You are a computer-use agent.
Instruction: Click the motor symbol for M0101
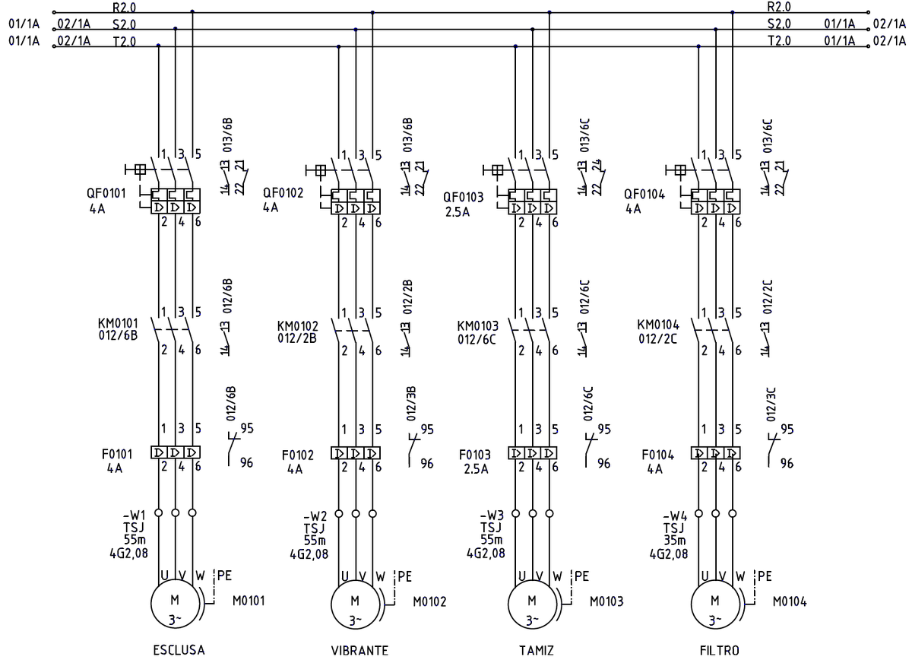175,604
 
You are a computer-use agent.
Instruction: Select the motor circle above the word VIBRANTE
356,604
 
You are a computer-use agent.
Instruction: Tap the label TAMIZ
537,650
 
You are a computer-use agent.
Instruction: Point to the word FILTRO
719,650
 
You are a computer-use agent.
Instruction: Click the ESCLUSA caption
179,650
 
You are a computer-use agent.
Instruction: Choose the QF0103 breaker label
464,198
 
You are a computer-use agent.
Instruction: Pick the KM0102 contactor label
298,326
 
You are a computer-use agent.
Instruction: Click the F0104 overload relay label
657,455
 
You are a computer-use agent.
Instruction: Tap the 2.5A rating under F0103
476,469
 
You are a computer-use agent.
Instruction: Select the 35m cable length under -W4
675,541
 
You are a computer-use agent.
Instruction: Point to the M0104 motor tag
790,601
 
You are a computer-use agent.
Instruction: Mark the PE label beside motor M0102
404,576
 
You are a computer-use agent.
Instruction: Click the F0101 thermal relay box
176,452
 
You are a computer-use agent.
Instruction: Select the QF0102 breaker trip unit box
356,201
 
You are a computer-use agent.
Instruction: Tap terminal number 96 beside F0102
427,464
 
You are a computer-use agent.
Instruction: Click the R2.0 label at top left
124,8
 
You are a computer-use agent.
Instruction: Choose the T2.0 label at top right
779,41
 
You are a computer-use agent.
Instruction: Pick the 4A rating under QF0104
633,209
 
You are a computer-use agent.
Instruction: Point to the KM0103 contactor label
477,326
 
